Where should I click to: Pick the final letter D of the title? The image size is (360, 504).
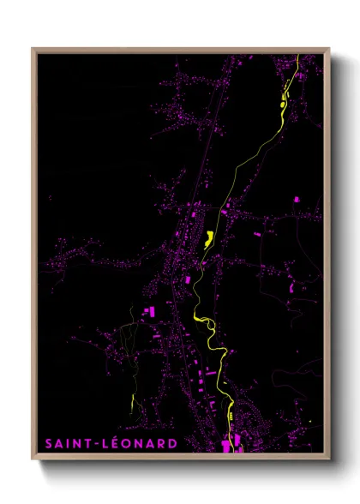point(173,443)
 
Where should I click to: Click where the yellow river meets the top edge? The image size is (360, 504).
point(297,57)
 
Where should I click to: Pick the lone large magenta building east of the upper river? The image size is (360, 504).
point(297,199)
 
